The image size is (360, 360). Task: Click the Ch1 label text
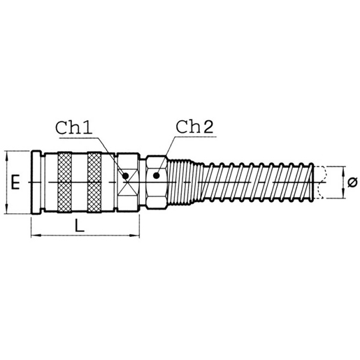click(x=74, y=129)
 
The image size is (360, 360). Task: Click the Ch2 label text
click(x=193, y=128)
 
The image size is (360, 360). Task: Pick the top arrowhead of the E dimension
click(x=7, y=154)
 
